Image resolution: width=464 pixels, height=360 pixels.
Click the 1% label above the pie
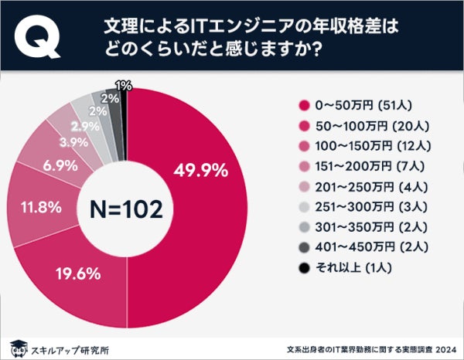(121, 85)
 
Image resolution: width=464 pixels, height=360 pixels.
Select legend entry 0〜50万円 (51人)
(357, 106)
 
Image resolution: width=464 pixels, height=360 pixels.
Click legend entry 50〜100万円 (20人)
(360, 127)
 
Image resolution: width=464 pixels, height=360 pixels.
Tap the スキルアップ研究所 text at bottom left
(70, 348)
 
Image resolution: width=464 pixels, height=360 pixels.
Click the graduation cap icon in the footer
(18, 347)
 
